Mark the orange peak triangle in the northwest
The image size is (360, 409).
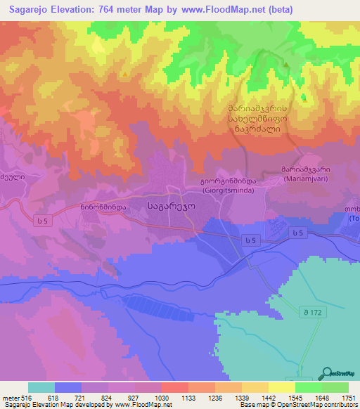click(125, 74)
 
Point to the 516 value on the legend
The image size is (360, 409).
click(25, 398)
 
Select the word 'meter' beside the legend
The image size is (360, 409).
click(9, 398)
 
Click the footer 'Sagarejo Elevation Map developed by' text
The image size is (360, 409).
click(58, 405)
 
